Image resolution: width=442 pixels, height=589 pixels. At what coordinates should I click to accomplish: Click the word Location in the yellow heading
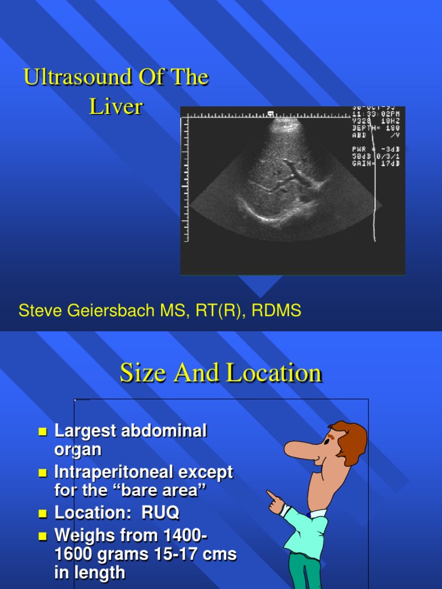point(274,373)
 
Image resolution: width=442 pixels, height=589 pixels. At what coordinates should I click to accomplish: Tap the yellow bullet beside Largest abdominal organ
point(42,431)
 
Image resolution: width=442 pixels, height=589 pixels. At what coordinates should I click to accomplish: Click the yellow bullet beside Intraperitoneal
point(42,473)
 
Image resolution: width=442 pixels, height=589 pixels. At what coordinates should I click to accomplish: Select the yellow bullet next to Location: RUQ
point(42,513)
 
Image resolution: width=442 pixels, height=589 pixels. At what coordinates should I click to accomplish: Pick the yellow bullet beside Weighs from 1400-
point(42,536)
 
